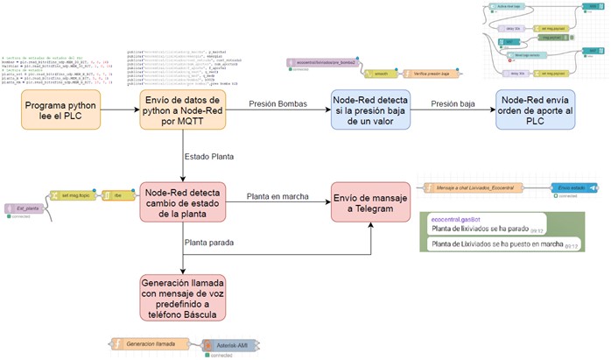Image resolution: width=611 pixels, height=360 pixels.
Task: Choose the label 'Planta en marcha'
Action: [x=277, y=196]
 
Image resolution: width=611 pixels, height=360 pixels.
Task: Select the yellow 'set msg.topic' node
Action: [x=73, y=196]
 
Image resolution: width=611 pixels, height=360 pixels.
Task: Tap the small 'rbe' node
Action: [x=113, y=196]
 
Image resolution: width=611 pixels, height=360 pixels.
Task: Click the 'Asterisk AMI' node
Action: [x=228, y=347]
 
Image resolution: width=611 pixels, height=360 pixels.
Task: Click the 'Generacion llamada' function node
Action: [x=149, y=343]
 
